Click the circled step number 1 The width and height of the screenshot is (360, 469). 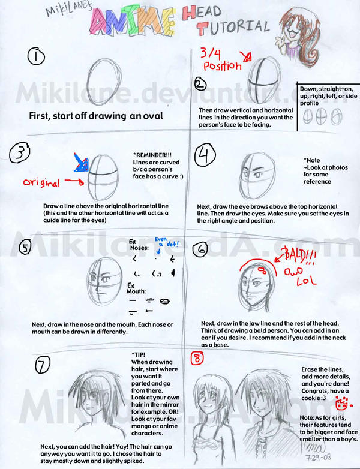(37, 57)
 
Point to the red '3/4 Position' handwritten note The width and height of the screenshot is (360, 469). (218, 59)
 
